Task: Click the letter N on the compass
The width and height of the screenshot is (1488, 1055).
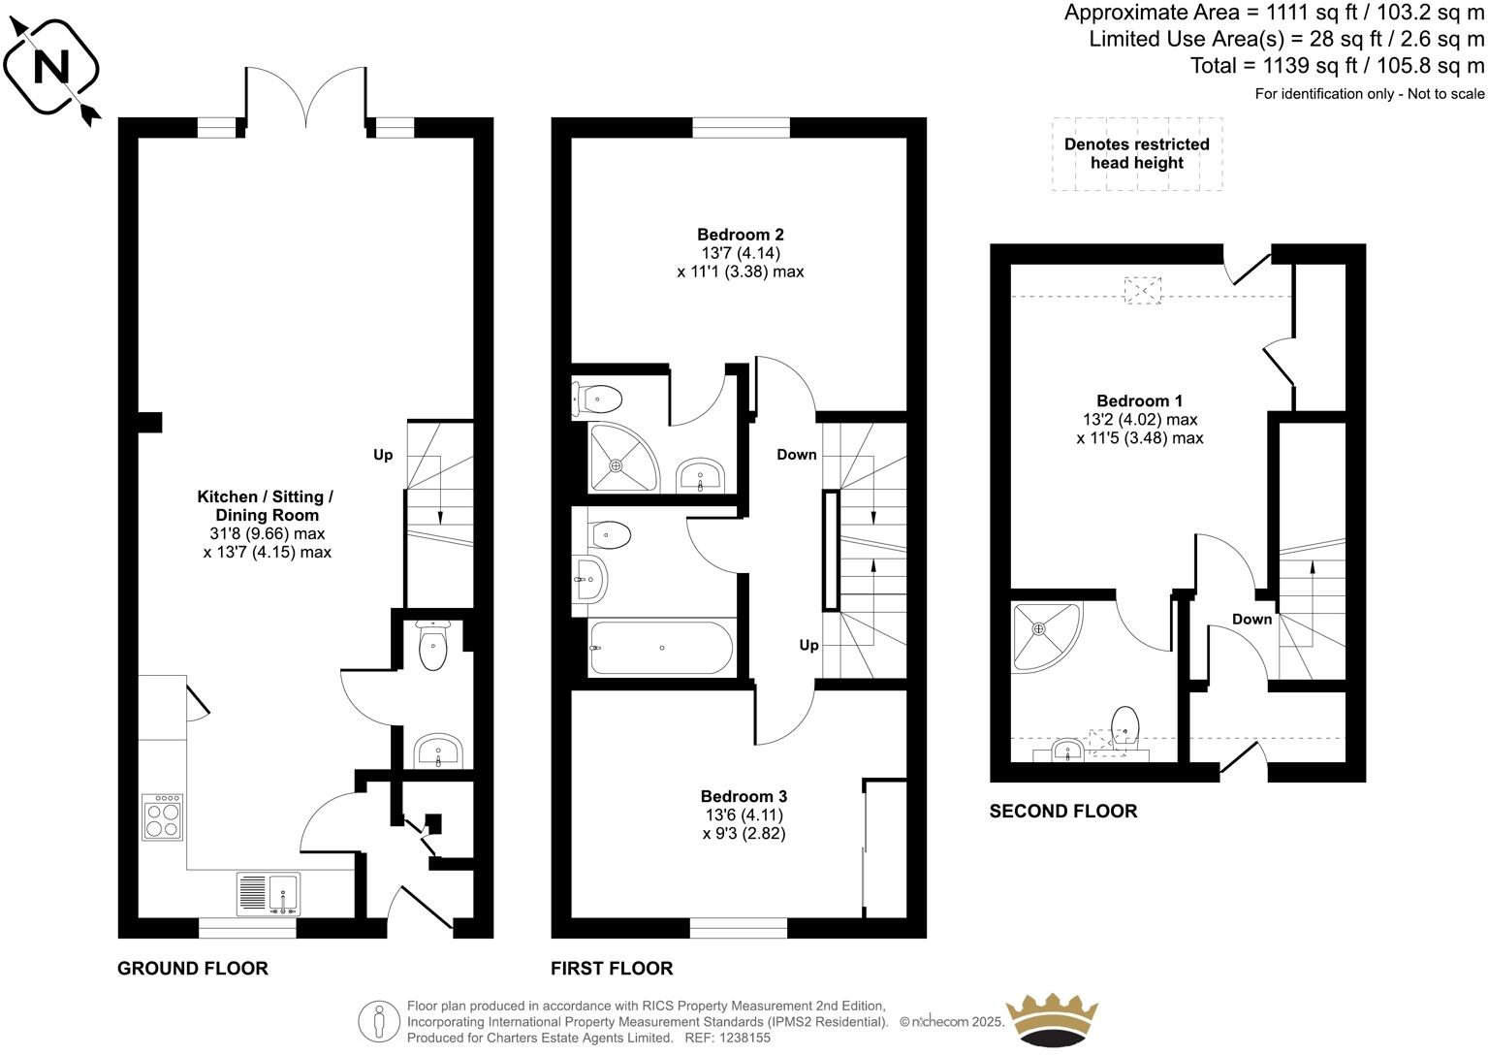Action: pos(51,67)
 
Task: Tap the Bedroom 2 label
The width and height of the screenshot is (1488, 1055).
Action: pos(740,235)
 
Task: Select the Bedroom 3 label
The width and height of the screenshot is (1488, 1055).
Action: pos(744,796)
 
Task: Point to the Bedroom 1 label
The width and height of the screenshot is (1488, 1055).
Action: pos(1140,400)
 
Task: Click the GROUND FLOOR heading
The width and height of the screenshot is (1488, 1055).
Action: pos(193,968)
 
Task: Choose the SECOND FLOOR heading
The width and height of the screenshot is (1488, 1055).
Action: pos(1062,811)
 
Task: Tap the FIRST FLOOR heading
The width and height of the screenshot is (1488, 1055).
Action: pos(612,968)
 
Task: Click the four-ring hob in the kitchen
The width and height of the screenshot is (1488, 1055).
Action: pos(163,817)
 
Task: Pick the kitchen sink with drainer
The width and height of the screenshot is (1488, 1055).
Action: pos(269,894)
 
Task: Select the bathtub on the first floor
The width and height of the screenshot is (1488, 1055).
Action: pos(662,648)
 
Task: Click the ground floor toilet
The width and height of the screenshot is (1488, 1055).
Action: pos(433,645)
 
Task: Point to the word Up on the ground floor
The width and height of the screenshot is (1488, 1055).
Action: pos(383,455)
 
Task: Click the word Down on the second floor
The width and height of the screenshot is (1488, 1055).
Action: pos(1252,620)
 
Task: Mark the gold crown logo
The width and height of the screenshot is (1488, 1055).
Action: pos(1052,1020)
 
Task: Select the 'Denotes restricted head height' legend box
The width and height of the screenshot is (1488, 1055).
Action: pos(1137,154)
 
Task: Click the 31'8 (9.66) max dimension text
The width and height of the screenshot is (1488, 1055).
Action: pos(267,533)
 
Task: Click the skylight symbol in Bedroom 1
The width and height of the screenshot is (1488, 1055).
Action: pos(1143,290)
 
